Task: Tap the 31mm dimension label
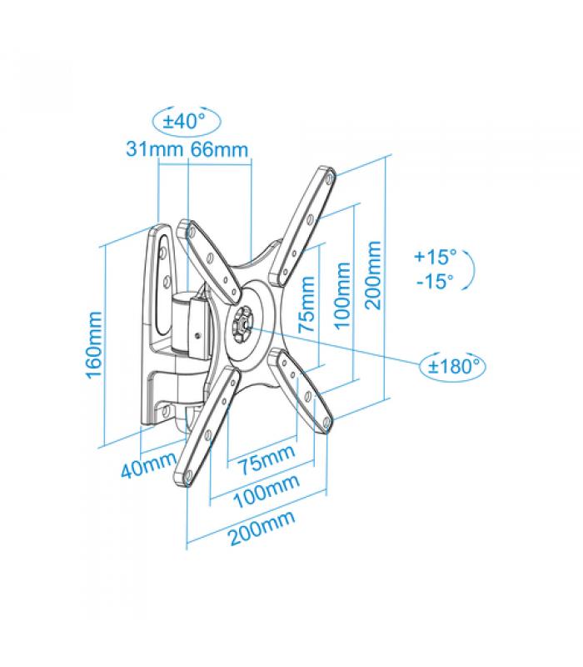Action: [155, 149]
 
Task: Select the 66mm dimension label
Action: [219, 149]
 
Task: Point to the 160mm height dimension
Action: [94, 344]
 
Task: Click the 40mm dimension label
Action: [148, 464]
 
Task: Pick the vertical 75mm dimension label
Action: [306, 304]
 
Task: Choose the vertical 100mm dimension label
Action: [342, 296]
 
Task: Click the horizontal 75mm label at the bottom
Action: [267, 459]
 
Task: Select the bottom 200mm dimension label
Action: [262, 528]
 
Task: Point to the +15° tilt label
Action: [435, 257]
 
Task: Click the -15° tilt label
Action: [435, 281]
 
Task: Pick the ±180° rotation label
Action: [453, 366]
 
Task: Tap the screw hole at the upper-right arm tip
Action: [330, 178]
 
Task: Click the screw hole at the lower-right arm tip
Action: [326, 423]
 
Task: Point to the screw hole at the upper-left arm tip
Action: [191, 232]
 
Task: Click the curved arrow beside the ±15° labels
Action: [471, 268]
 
